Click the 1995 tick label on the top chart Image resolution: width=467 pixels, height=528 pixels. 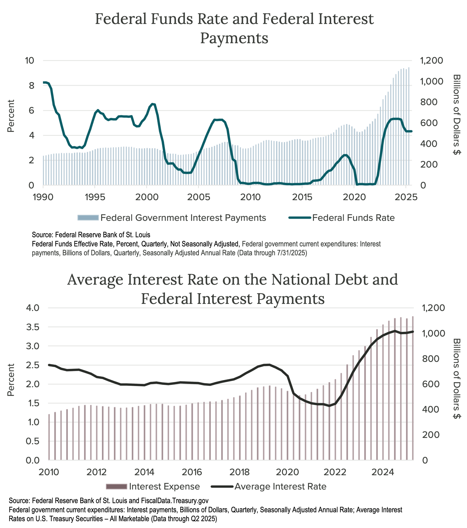(95, 197)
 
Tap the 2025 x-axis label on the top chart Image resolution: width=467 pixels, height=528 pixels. (406, 197)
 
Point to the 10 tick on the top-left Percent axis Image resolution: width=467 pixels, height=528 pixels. (30, 60)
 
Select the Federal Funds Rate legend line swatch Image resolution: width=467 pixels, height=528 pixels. (300, 218)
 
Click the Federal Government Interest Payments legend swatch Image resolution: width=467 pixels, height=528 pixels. (88, 218)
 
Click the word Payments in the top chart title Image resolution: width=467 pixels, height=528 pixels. (234, 38)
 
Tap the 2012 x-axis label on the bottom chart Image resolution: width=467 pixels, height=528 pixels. (96, 472)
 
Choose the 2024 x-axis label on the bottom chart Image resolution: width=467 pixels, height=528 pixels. (382, 472)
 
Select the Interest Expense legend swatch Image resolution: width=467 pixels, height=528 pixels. (116, 487)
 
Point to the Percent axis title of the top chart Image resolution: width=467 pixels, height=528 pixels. (11, 116)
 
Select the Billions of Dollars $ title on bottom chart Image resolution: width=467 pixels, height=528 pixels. (457, 378)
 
